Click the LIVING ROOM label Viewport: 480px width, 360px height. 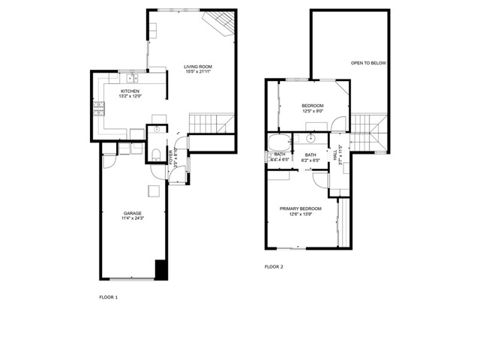pos(197,67)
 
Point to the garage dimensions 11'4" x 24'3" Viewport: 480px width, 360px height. pos(133,219)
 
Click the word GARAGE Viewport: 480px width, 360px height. pos(133,213)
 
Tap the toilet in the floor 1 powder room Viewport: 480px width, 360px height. pos(155,154)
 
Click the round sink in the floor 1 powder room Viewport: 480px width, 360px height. pos(157,130)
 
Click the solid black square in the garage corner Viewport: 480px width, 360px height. pos(160,268)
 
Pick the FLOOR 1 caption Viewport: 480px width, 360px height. pos(109,298)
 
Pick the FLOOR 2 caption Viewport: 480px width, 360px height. pos(274,266)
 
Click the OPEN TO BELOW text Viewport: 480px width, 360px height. pos(368,63)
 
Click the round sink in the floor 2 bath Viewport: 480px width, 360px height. pos(310,139)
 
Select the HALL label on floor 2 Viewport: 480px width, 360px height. pos(335,154)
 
